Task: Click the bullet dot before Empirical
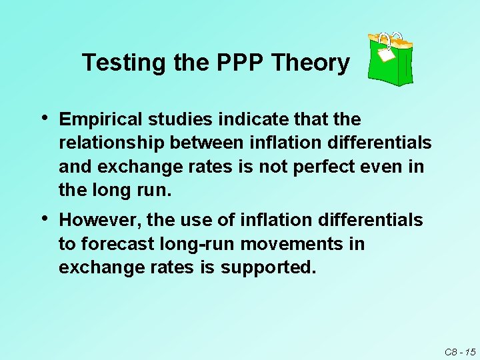click(44, 118)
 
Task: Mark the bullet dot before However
click(44, 218)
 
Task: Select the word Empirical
click(101, 120)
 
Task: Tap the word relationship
click(112, 143)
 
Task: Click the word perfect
click(328, 167)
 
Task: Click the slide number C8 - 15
click(459, 351)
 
